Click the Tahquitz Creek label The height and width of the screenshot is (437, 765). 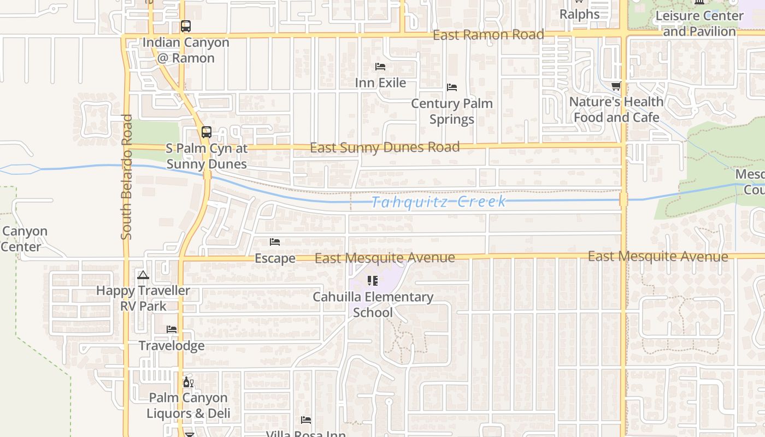[439, 202]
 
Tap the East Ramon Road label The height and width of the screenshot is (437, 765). [488, 35]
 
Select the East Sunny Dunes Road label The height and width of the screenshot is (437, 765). [385, 147]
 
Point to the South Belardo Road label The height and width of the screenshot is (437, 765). [127, 176]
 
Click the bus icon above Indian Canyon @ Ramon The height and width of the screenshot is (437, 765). [186, 26]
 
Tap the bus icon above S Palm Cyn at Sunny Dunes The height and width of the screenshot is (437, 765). [206, 132]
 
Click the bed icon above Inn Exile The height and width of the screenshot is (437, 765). [380, 67]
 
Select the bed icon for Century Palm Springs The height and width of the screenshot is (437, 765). [452, 87]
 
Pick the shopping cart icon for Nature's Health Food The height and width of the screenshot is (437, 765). [616, 86]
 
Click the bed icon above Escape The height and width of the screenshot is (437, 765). [275, 242]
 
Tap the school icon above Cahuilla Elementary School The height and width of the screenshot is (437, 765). [373, 281]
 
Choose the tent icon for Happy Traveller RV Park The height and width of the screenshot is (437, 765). [143, 275]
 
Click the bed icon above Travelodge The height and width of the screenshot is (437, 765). [172, 329]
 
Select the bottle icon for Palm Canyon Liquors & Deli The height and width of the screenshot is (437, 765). [188, 382]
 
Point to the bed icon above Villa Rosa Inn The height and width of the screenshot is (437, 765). [306, 420]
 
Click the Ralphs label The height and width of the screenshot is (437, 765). [579, 14]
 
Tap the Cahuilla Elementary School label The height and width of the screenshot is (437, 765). [373, 305]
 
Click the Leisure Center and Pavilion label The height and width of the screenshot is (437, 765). [699, 23]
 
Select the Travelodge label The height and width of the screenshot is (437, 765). [172, 346]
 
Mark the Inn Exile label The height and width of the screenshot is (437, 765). [380, 83]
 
